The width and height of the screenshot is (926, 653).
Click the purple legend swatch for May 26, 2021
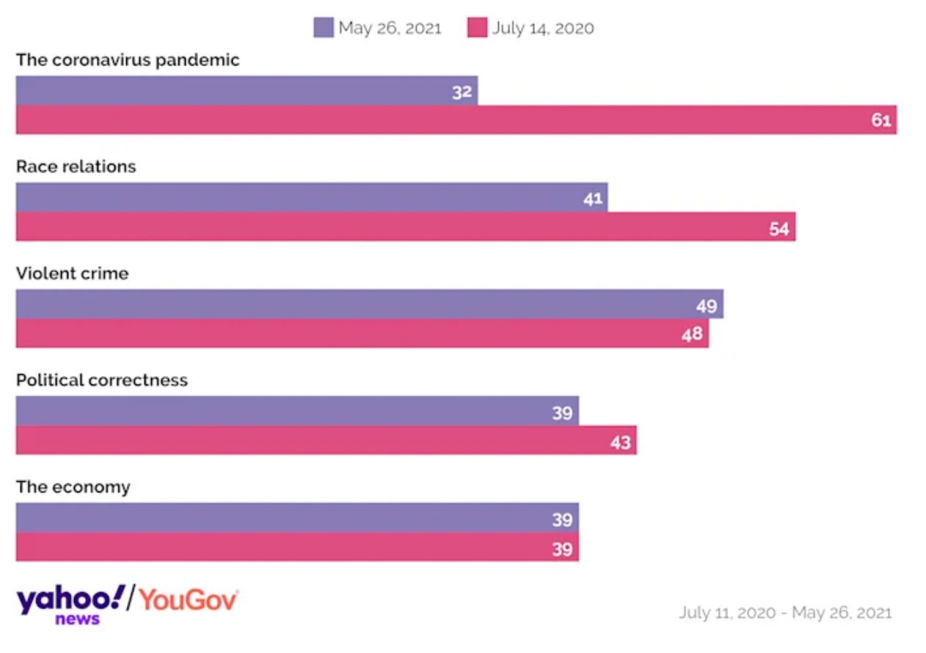coord(323,28)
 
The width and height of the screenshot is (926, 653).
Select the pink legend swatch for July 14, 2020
coord(477,28)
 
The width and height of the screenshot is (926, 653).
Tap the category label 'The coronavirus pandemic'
coord(128,60)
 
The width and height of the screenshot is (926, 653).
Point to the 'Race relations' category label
coord(76,167)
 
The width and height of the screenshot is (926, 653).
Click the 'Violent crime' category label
coord(72,274)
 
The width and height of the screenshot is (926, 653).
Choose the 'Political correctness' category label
coord(102,380)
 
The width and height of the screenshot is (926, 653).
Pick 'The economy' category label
coord(73,487)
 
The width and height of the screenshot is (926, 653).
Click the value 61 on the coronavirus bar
coord(881,120)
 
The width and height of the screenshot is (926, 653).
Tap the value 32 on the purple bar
coord(462,92)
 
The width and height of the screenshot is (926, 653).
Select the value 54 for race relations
coord(779,229)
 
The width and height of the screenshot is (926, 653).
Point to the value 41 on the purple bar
coord(593,199)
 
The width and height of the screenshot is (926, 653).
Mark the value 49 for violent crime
coord(707,306)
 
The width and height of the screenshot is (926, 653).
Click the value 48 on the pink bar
coord(692,335)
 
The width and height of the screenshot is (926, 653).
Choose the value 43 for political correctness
coord(620,442)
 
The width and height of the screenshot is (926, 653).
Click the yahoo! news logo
coord(70,604)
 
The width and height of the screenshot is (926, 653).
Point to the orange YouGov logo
coord(189,599)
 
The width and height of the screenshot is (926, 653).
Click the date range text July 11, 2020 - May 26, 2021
coord(785,613)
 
